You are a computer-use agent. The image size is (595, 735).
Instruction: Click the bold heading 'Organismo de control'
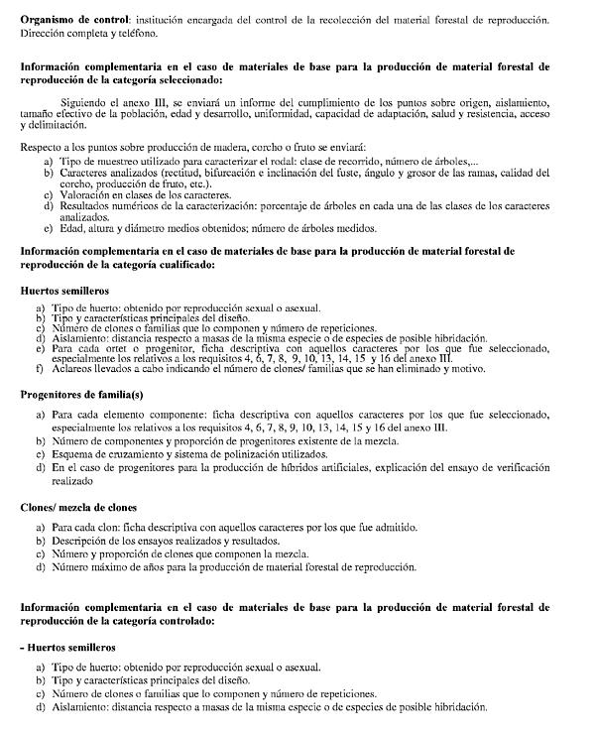click(74, 19)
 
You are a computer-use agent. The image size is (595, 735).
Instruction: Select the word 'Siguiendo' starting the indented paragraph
click(86, 103)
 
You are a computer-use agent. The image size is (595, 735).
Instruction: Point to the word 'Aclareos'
click(74, 370)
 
